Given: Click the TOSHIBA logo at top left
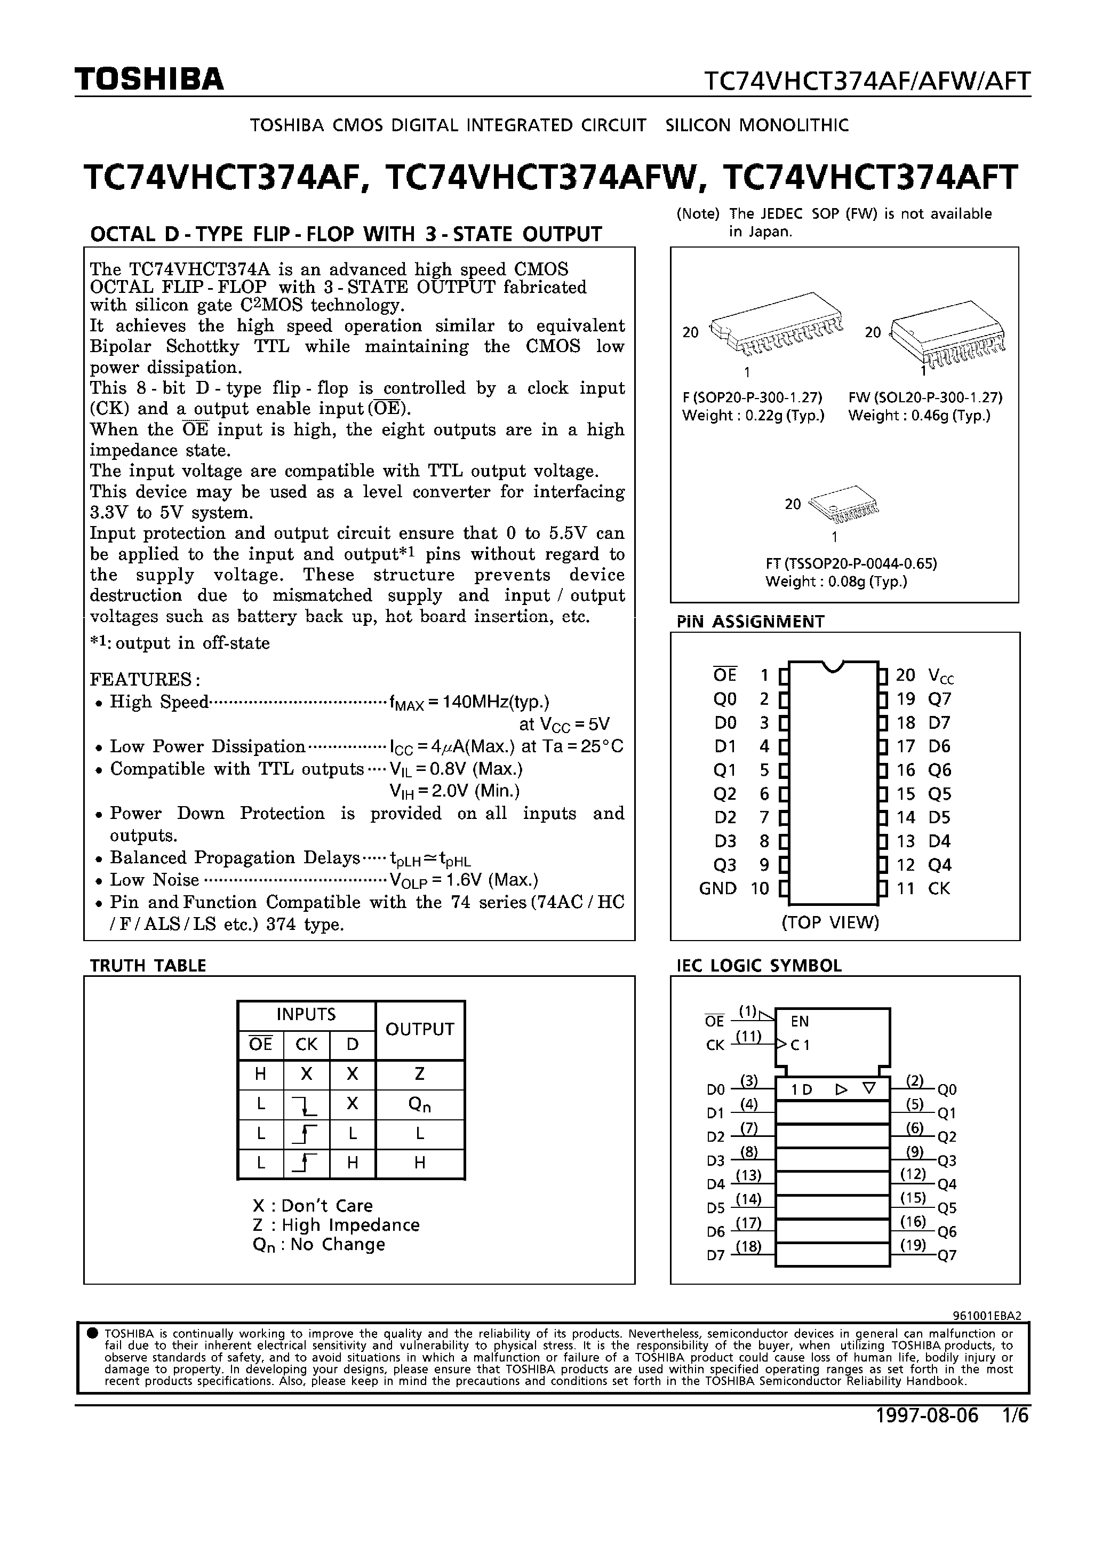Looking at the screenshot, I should [149, 79].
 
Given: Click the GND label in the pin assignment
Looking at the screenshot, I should [717, 889].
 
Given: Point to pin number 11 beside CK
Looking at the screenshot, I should [906, 889].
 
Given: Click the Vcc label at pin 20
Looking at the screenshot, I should [941, 676].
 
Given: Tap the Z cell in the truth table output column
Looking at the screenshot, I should [419, 1074].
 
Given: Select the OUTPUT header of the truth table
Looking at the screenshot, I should [419, 1029].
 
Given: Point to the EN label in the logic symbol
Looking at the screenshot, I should [800, 1021].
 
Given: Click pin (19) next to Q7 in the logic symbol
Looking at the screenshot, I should [913, 1245].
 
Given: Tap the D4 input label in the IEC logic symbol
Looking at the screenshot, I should [715, 1184].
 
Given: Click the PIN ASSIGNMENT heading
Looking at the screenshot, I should [750, 622].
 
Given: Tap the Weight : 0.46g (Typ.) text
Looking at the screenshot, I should [919, 416].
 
